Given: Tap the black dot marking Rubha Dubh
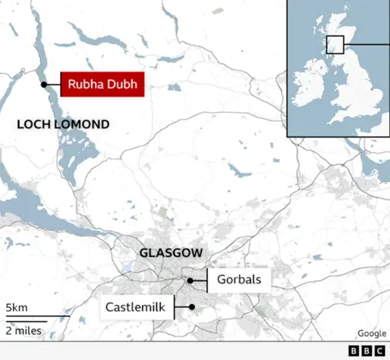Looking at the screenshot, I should coord(43,83).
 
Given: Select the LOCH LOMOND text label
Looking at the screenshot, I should coord(63,124).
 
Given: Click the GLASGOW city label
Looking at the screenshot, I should coord(171,253).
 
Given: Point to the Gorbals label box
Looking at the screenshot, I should coord(238,280).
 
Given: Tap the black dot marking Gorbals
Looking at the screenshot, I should coord(189,280).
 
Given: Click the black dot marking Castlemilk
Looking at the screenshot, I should coord(190,307).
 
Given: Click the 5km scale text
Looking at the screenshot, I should coord(16,308).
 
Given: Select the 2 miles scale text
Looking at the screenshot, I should coord(24,330).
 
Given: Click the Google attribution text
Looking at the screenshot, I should coord(371,333).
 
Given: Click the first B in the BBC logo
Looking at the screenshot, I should coord(353,351).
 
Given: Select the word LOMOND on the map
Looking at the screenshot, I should coord(82,124).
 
